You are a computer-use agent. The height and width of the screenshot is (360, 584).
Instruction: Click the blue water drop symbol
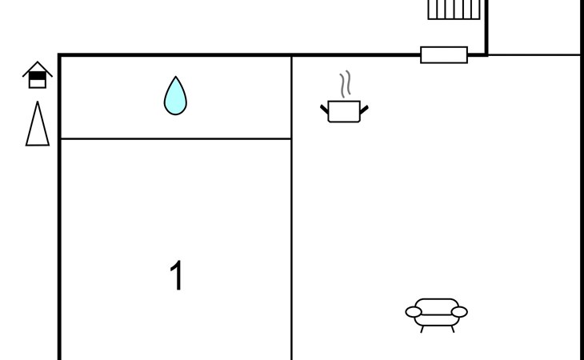[175, 97]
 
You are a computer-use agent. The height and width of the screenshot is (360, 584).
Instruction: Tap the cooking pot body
[344, 111]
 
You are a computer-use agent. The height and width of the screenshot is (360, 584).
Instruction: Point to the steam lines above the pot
[346, 84]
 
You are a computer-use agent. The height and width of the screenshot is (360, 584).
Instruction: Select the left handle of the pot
[325, 110]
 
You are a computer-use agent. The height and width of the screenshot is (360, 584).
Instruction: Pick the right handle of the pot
[364, 110]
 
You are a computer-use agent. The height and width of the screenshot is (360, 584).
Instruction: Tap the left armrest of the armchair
[414, 312]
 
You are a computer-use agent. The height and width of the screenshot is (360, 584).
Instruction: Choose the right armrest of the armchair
[459, 312]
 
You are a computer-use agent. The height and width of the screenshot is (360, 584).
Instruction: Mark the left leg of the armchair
[422, 329]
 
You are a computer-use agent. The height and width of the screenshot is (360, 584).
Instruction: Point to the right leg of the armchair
[453, 329]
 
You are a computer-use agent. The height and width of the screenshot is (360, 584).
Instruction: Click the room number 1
[176, 275]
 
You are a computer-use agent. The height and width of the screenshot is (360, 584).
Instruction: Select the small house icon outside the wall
[38, 75]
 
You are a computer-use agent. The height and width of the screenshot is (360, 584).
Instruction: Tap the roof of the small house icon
[38, 69]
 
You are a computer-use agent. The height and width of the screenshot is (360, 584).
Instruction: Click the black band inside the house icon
[38, 75]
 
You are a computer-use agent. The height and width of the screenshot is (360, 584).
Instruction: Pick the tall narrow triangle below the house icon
[38, 123]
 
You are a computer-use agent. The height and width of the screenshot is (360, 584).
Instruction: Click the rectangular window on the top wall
[444, 55]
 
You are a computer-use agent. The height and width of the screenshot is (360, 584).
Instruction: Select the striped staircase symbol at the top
[454, 10]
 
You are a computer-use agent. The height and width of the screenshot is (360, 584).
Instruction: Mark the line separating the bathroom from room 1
[176, 139]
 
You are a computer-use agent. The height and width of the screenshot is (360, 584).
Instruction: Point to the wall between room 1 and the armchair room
[292, 208]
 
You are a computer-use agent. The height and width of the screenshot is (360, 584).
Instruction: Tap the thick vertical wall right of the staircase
[486, 27]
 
